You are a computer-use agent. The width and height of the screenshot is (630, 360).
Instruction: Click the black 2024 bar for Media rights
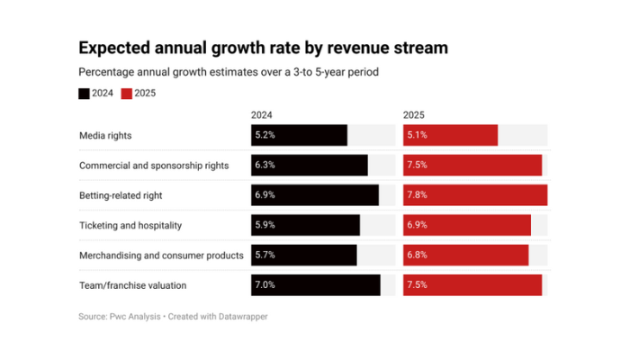tap(299, 135)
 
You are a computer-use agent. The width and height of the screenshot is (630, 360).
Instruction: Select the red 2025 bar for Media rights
tap(450, 135)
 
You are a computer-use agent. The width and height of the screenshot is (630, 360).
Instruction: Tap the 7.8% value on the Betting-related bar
tap(418, 195)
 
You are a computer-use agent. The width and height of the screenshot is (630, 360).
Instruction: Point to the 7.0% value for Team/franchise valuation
tap(265, 285)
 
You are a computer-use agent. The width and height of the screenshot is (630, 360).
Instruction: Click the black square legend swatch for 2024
tap(85, 93)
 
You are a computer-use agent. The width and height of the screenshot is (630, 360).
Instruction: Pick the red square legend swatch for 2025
tap(127, 93)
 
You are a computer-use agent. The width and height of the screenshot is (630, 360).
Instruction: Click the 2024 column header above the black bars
tap(261, 115)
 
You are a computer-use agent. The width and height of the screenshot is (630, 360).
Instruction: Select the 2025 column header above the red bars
tap(414, 115)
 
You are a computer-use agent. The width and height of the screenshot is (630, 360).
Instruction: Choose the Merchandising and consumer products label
tap(161, 256)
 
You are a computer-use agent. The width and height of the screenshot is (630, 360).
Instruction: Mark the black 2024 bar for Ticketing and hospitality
tap(305, 225)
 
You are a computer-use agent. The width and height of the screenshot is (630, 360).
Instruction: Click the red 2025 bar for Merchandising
tap(465, 256)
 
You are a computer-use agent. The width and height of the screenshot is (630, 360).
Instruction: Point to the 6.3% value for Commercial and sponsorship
tap(265, 166)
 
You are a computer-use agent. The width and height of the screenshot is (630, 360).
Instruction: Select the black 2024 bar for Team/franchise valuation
tap(315, 285)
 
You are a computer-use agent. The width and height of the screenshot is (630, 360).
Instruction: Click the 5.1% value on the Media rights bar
tap(418, 135)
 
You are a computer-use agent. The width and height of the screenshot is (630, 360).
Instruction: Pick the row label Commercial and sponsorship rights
tap(154, 166)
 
